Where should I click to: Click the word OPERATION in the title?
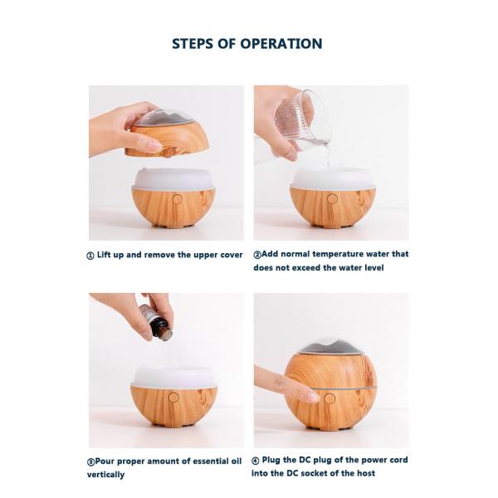278,44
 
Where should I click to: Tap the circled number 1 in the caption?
90,256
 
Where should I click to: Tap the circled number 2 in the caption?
257,255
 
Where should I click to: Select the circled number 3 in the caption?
90,461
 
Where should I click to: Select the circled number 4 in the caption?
257,460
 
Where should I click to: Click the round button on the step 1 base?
176,199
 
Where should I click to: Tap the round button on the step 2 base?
332,198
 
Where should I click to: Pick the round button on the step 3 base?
174,397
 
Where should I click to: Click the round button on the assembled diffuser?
330,398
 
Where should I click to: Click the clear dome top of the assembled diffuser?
330,346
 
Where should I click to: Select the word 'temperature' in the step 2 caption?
331,255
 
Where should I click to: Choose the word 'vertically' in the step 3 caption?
106,475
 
